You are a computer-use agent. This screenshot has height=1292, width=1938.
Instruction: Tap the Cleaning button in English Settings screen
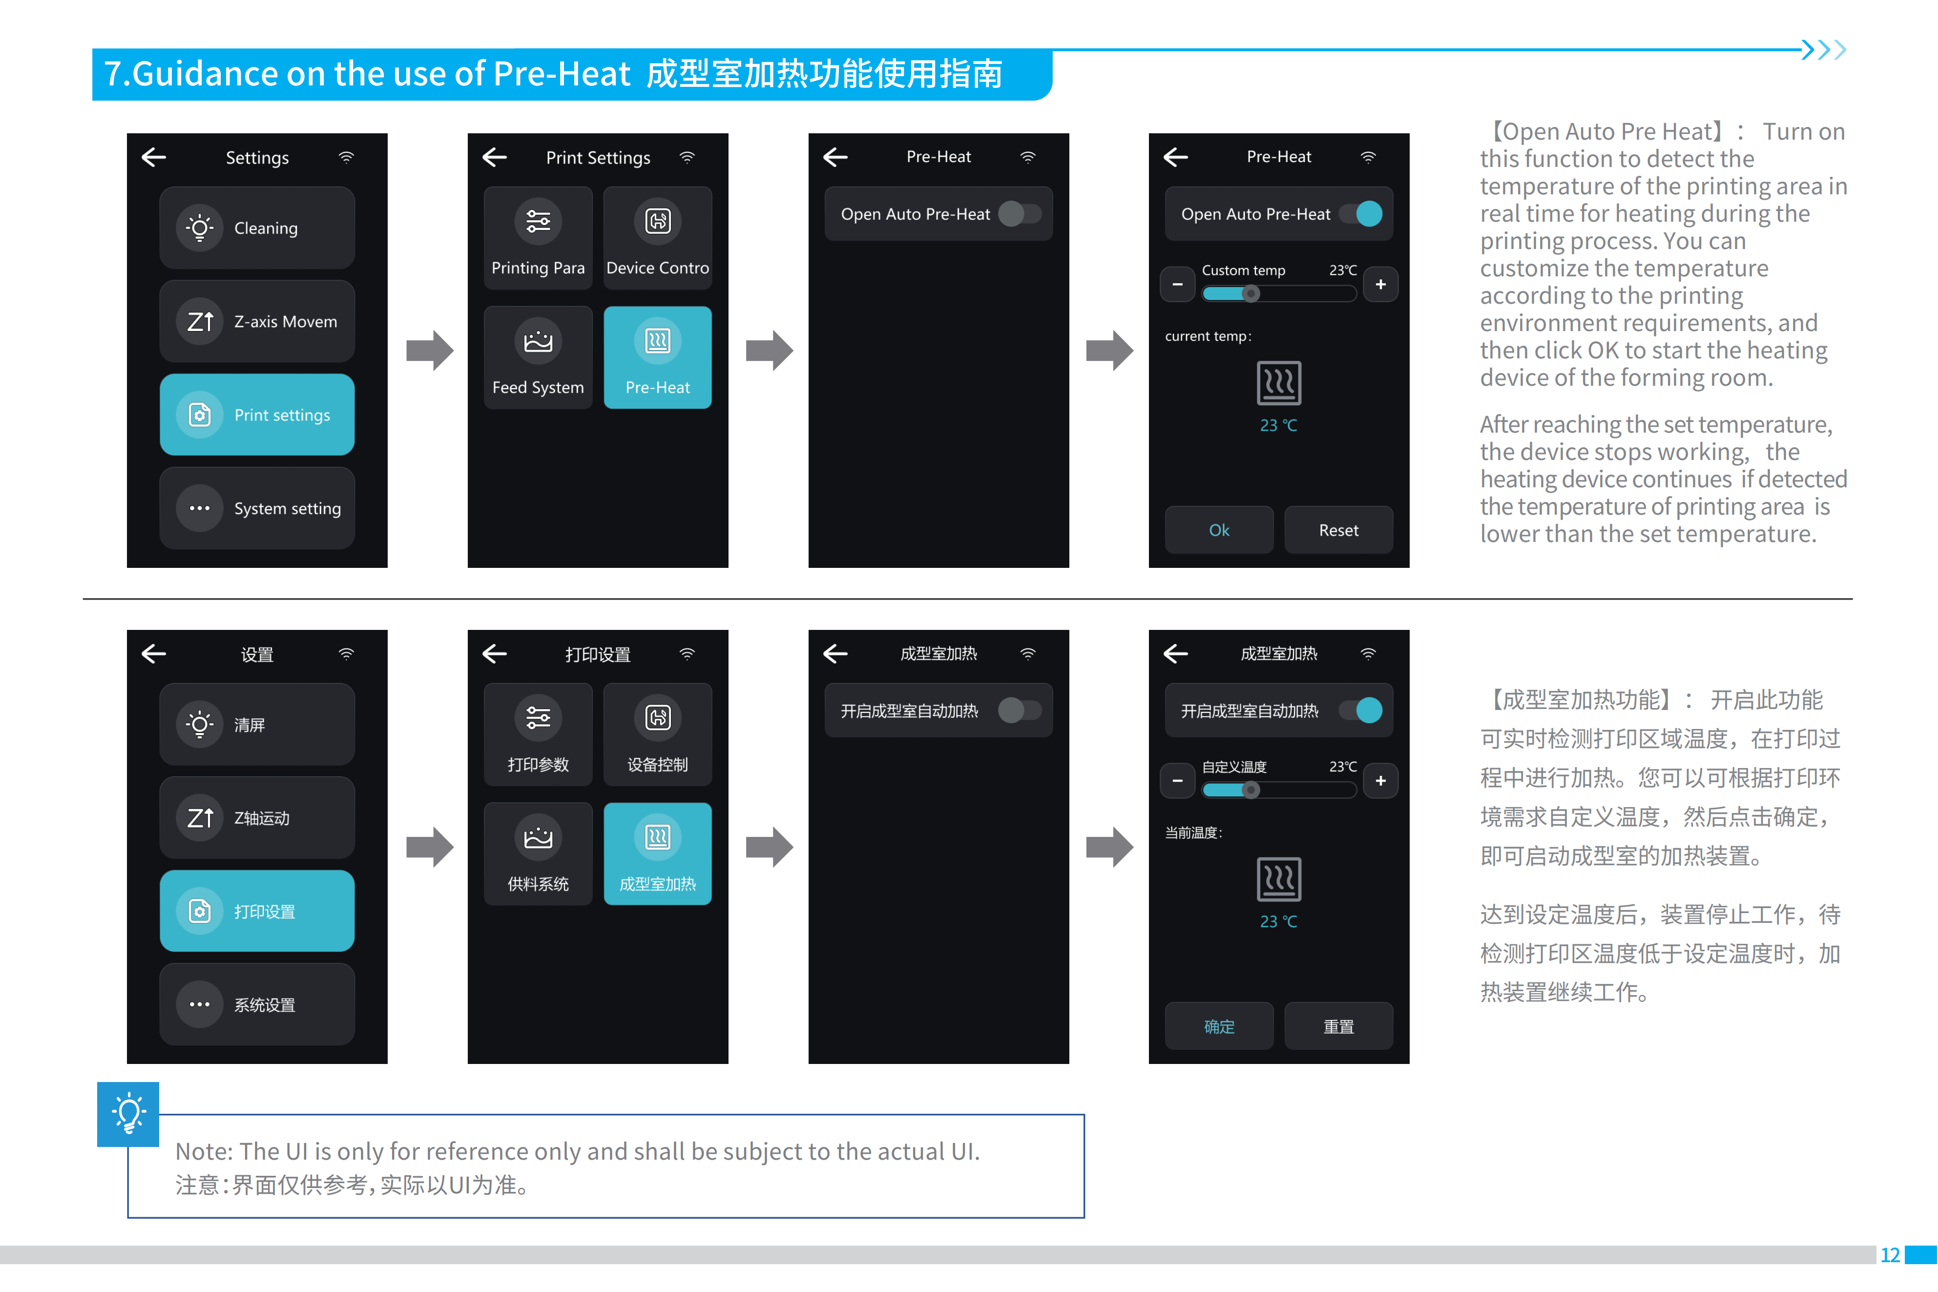pyautogui.click(x=257, y=228)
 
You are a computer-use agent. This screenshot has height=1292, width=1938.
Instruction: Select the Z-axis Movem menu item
pyautogui.click(x=257, y=321)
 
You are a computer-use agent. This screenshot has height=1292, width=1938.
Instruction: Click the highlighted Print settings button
pyautogui.click(x=257, y=415)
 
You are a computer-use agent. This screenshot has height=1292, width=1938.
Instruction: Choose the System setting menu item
pyautogui.click(x=257, y=508)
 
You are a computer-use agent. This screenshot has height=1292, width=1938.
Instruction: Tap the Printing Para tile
pyautogui.click(x=538, y=239)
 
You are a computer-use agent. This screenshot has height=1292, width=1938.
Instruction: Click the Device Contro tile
pyautogui.click(x=658, y=239)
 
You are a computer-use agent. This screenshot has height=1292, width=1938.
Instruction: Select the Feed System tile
pyautogui.click(x=538, y=357)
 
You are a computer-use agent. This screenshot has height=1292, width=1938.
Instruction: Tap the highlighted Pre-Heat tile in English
pyautogui.click(x=658, y=357)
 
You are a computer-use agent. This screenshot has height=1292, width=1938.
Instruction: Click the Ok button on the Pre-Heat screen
pyautogui.click(x=1219, y=530)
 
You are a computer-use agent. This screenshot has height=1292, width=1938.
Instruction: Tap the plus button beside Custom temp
pyautogui.click(x=1380, y=284)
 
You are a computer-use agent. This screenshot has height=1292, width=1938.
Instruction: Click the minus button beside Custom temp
pyautogui.click(x=1177, y=284)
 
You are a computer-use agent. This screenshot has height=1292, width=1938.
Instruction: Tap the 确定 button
pyautogui.click(x=1219, y=1026)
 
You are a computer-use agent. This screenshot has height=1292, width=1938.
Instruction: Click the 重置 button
pyautogui.click(x=1338, y=1026)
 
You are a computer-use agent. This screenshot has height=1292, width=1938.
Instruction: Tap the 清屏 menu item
pyautogui.click(x=257, y=724)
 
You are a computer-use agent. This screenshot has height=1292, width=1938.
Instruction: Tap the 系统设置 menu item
pyautogui.click(x=257, y=1004)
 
